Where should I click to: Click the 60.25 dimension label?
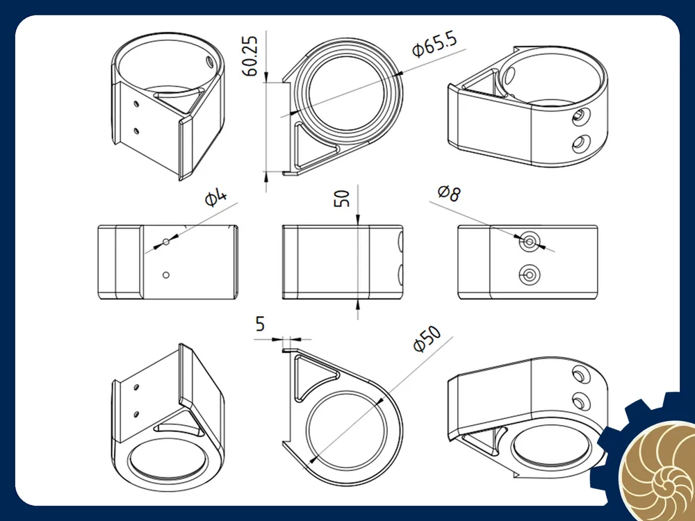pos(251,56)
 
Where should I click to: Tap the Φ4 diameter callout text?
pos(216,197)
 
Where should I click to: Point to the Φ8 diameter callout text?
pos(450,193)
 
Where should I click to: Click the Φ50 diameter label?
pos(427,339)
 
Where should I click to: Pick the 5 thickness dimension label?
pos(260,324)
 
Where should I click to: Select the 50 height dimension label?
pos(342,198)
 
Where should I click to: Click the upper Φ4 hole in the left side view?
pos(166,242)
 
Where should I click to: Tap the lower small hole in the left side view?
pos(166,274)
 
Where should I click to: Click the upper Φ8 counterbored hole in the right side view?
pos(529,242)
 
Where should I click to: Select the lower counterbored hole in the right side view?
pos(529,275)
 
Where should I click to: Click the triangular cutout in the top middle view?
pos(313,146)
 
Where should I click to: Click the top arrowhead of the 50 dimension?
pos(358,220)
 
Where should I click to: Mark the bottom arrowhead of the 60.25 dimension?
pos(266,176)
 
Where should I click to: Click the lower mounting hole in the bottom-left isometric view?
pos(136,415)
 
